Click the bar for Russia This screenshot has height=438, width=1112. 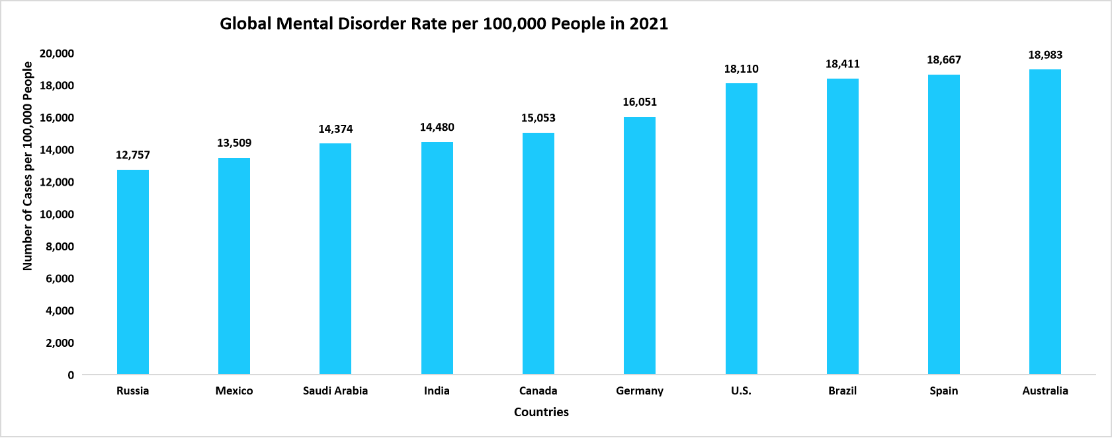point(133,272)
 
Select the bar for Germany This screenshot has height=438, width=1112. point(640,246)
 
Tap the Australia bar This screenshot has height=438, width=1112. point(1045,222)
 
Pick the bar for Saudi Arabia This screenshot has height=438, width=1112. point(335,259)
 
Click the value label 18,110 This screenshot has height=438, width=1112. point(741,69)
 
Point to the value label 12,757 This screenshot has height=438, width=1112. point(133,155)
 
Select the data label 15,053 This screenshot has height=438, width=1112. point(538,118)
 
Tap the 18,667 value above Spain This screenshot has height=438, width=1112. point(944,60)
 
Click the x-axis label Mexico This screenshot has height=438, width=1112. point(234,391)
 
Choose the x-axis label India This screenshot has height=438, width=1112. point(437,391)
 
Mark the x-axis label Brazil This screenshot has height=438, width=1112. point(842,391)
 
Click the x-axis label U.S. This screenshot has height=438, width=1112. point(741,391)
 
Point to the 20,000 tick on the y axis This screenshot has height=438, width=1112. point(57,54)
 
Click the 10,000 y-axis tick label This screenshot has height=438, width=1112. point(57,215)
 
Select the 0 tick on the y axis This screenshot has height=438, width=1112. point(71,375)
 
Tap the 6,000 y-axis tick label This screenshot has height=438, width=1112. point(60,279)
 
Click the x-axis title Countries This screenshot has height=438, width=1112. point(541,412)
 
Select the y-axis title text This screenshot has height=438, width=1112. point(28,166)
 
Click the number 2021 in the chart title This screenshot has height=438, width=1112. point(648,24)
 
